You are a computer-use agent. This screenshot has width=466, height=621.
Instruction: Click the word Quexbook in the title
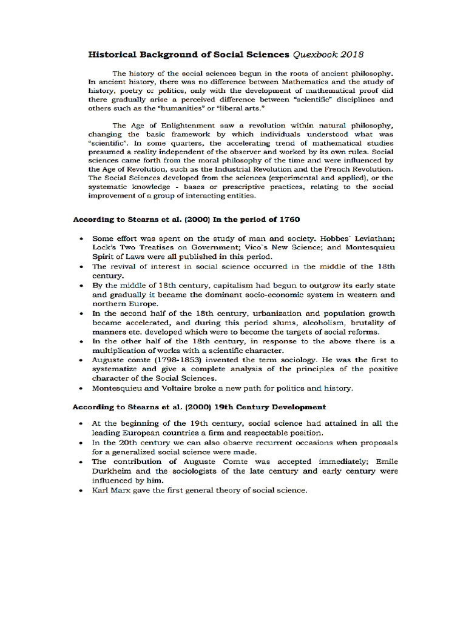[x=315, y=54]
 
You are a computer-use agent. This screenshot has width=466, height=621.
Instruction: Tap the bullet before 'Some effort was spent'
[x=81, y=239]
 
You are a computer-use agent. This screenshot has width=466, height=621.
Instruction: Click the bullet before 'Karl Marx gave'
[x=81, y=491]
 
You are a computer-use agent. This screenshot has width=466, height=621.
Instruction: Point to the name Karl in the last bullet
[x=100, y=491]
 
